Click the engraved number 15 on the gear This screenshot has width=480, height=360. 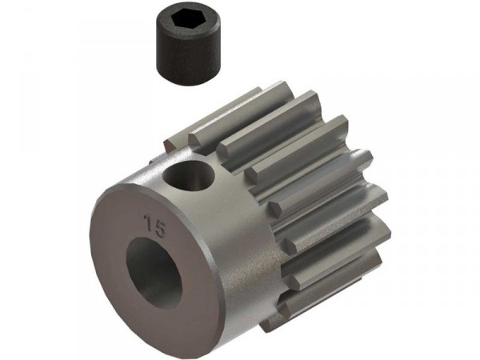tap(155, 226)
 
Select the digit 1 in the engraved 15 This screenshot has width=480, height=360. tap(150, 222)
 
